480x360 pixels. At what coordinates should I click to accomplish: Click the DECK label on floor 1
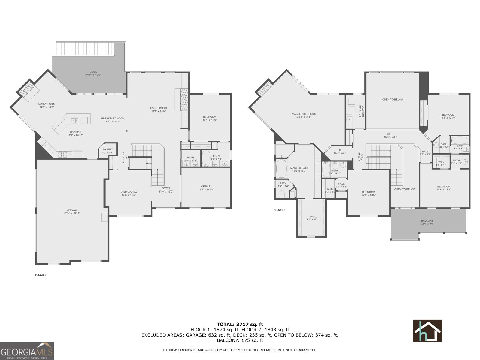93,72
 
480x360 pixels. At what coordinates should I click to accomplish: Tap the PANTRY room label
108,149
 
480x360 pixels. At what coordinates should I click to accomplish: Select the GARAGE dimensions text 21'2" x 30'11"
72,213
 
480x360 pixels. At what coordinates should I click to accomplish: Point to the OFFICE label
206,186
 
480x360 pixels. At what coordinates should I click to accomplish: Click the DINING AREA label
129,192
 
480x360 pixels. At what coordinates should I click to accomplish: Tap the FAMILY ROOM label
46,104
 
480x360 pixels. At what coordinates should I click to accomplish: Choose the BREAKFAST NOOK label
112,118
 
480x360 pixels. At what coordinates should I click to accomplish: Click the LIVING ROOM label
158,108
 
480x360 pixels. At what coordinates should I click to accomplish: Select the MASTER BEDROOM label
304,114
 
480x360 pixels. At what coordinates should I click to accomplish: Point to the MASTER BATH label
299,168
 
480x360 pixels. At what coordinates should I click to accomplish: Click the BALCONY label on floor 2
427,221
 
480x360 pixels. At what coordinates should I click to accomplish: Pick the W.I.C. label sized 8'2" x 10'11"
313,217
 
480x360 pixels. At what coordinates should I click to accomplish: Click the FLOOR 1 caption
41,275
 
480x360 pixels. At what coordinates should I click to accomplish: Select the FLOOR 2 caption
279,210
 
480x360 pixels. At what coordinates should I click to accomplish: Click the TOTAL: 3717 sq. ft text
240,324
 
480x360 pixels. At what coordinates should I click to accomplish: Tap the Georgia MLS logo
27,351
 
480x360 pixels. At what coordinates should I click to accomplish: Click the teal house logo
427,331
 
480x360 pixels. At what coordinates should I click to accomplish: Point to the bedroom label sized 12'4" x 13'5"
368,192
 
